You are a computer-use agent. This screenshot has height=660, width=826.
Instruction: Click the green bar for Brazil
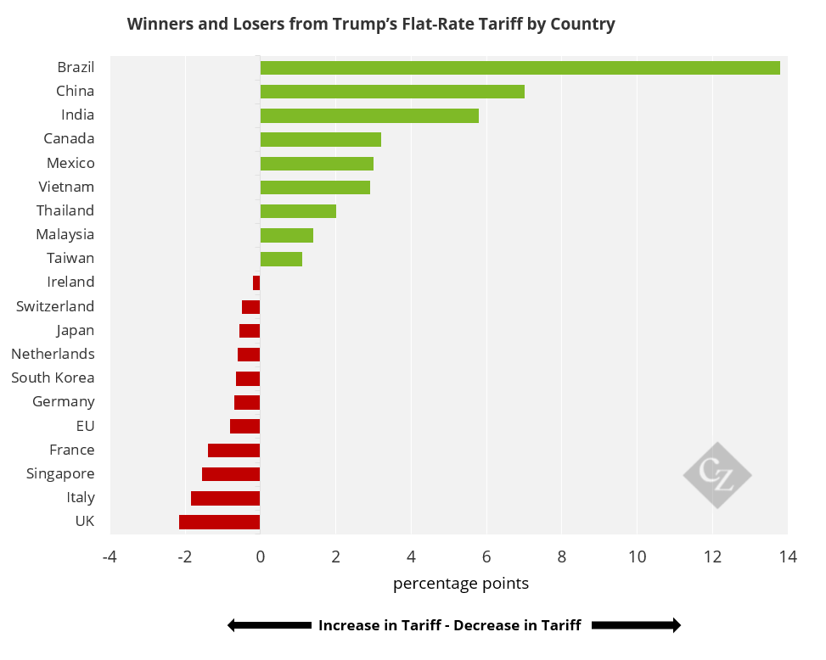point(520,68)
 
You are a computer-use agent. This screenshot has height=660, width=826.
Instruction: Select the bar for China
point(392,92)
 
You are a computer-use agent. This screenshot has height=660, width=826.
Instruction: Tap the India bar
point(369,115)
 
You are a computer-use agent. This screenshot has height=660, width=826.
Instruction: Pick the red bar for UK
point(220,522)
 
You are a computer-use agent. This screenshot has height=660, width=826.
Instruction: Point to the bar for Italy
point(226,498)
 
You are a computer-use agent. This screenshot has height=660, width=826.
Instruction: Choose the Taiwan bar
point(281,259)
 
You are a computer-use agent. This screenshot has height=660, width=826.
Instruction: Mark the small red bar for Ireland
point(256,282)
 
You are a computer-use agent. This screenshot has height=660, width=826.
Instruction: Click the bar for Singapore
point(231,474)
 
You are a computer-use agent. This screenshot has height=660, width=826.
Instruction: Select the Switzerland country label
point(55,306)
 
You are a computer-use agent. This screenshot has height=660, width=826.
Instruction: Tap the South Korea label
point(53,378)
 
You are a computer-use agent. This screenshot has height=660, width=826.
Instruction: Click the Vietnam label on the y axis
point(66,187)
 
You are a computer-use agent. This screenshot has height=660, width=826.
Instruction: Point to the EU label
point(85,426)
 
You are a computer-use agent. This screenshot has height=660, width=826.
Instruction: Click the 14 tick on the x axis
point(787,557)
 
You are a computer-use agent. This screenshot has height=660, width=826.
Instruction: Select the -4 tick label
point(109,557)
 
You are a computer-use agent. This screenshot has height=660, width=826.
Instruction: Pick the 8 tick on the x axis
point(561,557)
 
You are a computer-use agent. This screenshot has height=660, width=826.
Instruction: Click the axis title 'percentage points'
point(461,584)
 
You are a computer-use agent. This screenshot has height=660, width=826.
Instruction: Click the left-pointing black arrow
point(269,625)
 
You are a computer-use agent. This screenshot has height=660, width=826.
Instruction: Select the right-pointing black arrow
point(636,625)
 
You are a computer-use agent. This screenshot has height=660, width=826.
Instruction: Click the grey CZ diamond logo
point(717,475)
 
